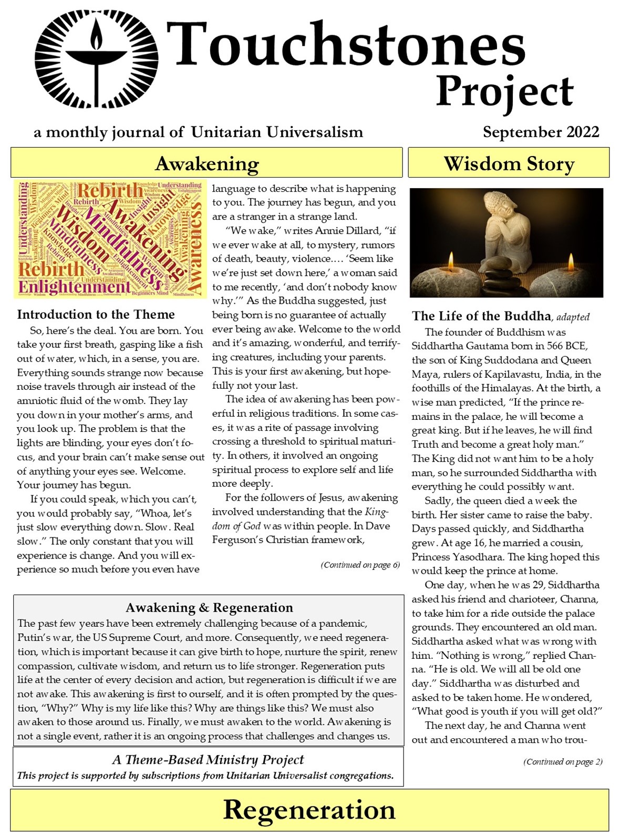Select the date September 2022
(541, 131)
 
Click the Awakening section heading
(207, 163)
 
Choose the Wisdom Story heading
(509, 163)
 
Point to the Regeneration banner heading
(309, 810)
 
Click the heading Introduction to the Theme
(96, 314)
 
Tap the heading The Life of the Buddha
(481, 316)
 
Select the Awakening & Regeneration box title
(209, 608)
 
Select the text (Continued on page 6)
(360, 565)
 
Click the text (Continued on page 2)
(563, 762)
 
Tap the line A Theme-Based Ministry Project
(208, 760)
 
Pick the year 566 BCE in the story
(562, 346)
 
